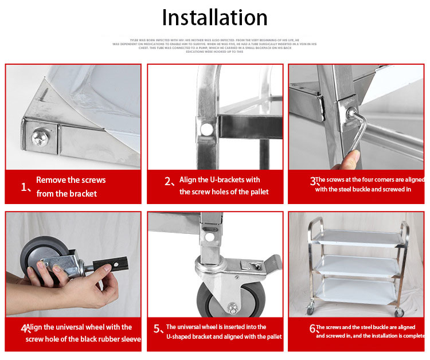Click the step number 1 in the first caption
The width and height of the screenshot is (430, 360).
[x=25, y=187]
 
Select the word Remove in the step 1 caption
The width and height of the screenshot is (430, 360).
[x=50, y=180]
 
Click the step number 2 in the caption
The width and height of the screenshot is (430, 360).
[x=169, y=182]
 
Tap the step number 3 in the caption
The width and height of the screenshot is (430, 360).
[x=313, y=182]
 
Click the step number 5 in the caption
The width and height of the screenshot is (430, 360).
[x=158, y=329]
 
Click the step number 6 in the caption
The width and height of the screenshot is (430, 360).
[x=313, y=329]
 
